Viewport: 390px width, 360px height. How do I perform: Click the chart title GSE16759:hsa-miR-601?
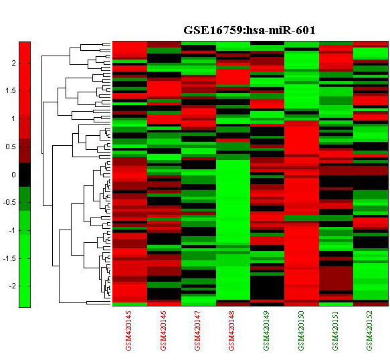pos(250,30)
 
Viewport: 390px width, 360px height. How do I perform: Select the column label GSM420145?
pos(129,331)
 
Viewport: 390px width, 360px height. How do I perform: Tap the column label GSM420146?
pos(163,331)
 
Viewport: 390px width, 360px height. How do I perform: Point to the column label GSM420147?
pos(197,331)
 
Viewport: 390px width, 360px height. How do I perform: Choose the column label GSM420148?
pos(231,331)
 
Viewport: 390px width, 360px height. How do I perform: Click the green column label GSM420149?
pos(266,331)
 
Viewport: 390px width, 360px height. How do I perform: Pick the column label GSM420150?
pos(301,331)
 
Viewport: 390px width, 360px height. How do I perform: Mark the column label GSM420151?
pos(336,331)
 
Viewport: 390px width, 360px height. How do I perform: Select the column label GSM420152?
pos(369,331)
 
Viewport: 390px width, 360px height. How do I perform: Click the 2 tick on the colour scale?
pos(13,63)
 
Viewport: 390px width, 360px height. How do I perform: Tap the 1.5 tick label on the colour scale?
pos(11,91)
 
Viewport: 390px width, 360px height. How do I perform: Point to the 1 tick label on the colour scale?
pos(13,118)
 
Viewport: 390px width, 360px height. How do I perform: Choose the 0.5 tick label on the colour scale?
pos(11,147)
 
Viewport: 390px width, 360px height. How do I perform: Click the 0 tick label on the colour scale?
pos(13,175)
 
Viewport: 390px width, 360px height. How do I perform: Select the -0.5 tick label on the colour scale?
pos(9,203)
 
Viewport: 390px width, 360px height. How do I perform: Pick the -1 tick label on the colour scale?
pos(12,231)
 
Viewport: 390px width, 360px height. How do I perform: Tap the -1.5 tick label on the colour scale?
pos(9,259)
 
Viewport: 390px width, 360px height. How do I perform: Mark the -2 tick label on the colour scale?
pos(12,286)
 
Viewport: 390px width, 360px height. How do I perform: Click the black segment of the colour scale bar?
pos(25,175)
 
